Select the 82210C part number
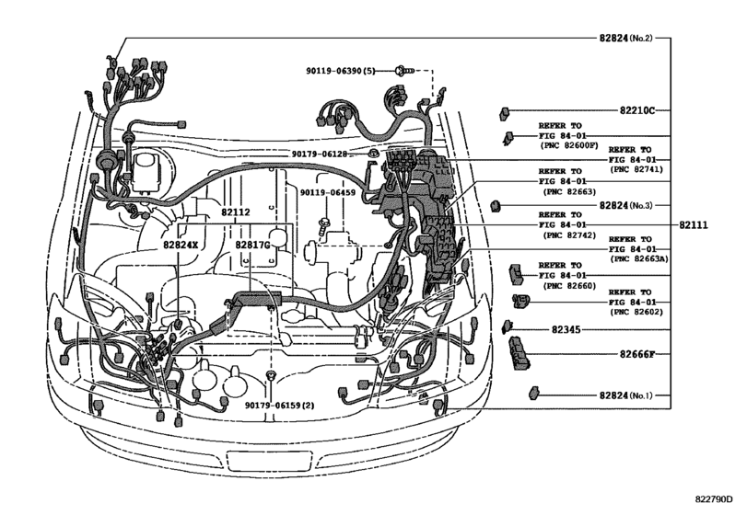pos(622,110)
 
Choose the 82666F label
pos(624,353)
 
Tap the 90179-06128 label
pos(326,154)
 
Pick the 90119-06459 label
pos(326,192)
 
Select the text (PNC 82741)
pos(636,169)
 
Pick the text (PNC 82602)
pos(636,313)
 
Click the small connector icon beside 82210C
pos(506,112)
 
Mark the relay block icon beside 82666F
pos(519,352)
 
